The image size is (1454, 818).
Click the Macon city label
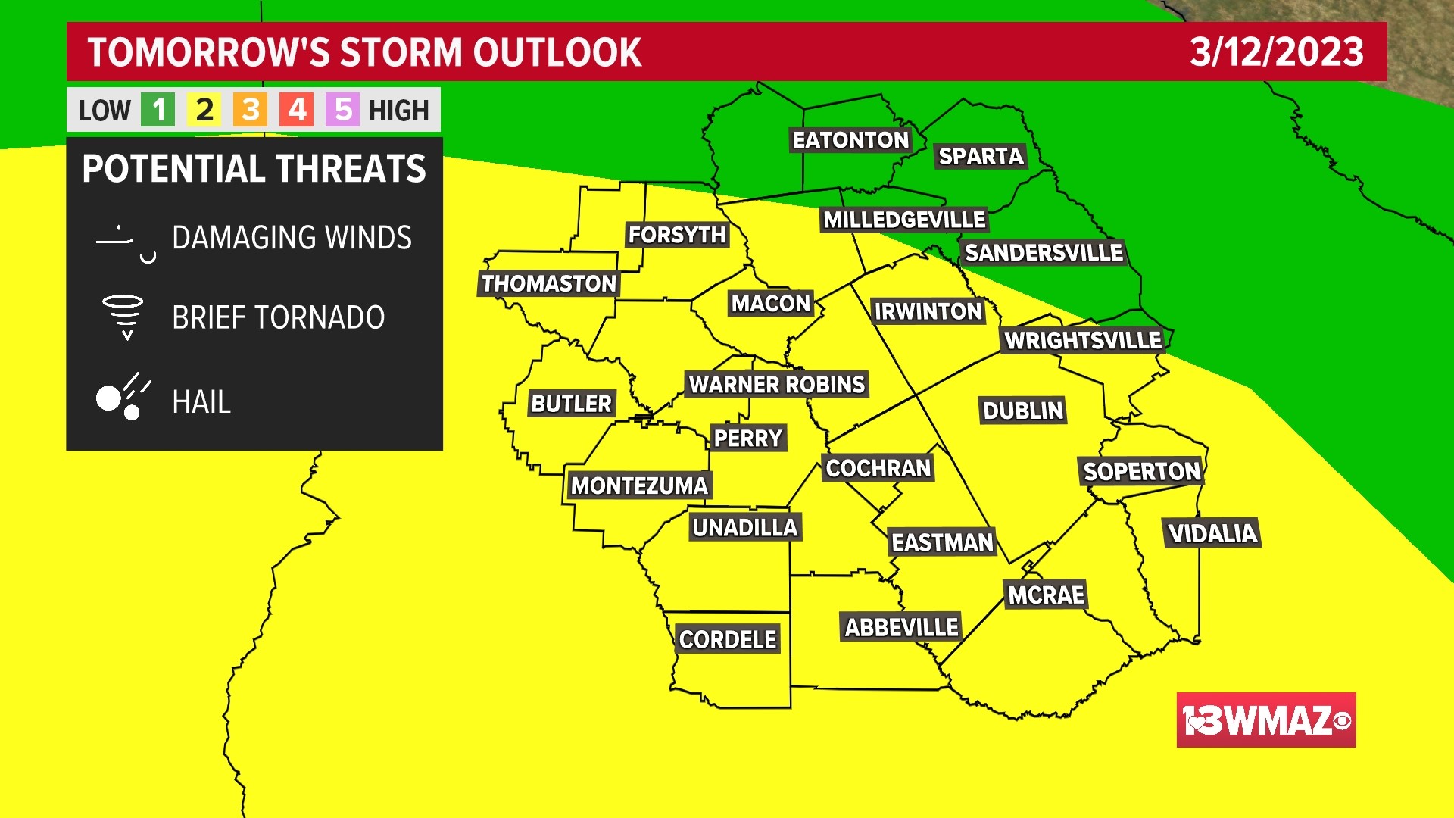(x=771, y=304)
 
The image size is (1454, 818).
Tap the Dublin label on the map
(x=1023, y=411)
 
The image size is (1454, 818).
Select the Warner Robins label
(x=776, y=385)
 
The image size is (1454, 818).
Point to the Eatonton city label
(x=850, y=140)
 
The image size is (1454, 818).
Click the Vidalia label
(x=1212, y=533)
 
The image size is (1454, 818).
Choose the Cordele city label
(x=728, y=640)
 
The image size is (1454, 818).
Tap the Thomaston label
(x=549, y=284)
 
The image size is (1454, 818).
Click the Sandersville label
(x=1044, y=253)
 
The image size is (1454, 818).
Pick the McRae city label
(x=1046, y=595)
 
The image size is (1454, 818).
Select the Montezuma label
(x=639, y=485)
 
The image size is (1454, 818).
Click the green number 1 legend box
(x=158, y=111)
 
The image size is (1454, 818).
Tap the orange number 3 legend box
(x=251, y=111)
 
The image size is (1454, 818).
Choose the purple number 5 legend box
(x=343, y=111)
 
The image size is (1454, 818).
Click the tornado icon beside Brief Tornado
(x=123, y=317)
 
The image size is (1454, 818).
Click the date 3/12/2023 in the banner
(x=1276, y=52)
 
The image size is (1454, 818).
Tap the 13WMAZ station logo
(x=1265, y=720)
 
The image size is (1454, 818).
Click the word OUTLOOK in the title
(x=557, y=52)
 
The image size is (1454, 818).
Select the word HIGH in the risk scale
(x=399, y=111)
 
